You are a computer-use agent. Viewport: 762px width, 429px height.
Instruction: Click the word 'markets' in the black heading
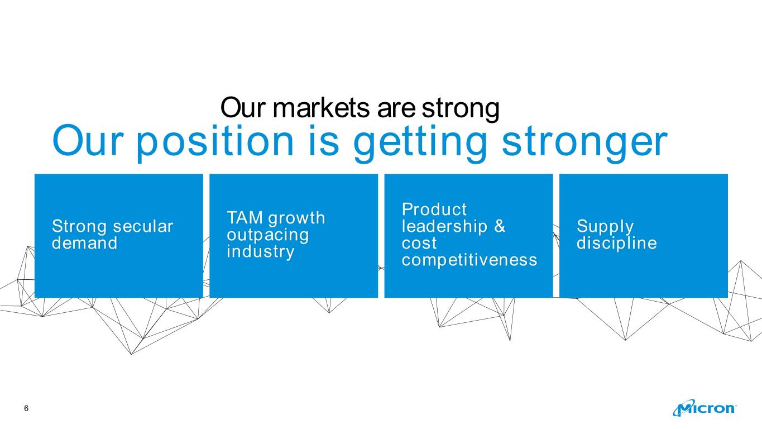(x=321, y=108)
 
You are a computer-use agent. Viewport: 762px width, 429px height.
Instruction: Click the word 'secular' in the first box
(x=143, y=226)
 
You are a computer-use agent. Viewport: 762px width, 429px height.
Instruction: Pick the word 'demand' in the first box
(x=85, y=243)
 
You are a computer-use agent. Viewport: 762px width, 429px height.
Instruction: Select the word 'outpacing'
(x=268, y=235)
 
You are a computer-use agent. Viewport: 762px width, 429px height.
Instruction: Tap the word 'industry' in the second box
(x=261, y=252)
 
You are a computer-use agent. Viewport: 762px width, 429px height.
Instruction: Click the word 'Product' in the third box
(x=434, y=209)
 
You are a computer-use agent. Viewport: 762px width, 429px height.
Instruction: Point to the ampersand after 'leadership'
(x=500, y=226)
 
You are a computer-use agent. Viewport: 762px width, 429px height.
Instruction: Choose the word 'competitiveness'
(x=469, y=260)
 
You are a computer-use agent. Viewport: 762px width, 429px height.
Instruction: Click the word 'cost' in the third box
(x=419, y=244)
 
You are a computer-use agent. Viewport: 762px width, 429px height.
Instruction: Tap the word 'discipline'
(x=617, y=244)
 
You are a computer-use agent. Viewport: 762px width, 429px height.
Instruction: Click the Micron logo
(x=705, y=408)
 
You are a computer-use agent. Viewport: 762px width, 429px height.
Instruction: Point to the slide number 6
(x=27, y=408)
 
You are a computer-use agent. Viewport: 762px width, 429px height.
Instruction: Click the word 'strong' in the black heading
(x=461, y=109)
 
